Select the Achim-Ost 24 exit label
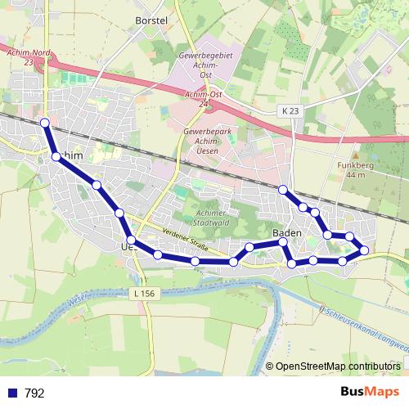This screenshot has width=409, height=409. [x=204, y=99]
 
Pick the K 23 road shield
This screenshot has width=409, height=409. [x=290, y=110]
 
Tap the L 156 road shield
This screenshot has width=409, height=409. [x=142, y=292]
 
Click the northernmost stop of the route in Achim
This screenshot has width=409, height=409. [x=45, y=124]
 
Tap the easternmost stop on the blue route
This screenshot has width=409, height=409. [x=364, y=250]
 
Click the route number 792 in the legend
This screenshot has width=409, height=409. [x=34, y=393]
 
